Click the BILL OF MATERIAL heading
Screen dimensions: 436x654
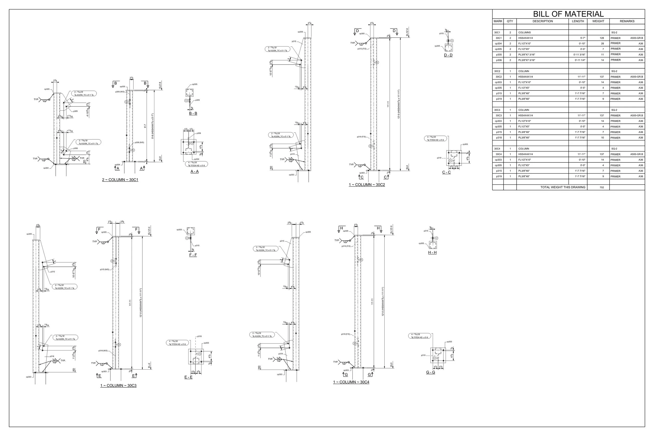(568, 14)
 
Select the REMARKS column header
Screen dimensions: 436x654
(627, 21)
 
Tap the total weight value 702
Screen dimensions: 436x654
(601, 188)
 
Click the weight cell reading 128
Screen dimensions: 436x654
(602, 38)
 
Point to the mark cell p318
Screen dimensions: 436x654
(499, 138)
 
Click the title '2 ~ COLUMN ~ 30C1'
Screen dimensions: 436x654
(120, 180)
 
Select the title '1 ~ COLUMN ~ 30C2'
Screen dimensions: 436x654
(367, 185)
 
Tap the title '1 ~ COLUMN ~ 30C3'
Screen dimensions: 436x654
(118, 386)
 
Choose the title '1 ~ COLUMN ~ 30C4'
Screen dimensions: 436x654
(351, 382)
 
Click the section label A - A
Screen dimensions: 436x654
(194, 172)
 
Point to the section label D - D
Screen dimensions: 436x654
(448, 55)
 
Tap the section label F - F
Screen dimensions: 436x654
(193, 255)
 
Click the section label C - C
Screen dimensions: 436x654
(446, 172)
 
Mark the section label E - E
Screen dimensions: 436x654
(188, 377)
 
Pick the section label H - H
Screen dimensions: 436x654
(432, 252)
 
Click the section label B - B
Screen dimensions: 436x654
(193, 114)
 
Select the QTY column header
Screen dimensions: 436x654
(510, 21)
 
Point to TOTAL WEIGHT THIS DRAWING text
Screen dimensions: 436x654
(562, 188)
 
